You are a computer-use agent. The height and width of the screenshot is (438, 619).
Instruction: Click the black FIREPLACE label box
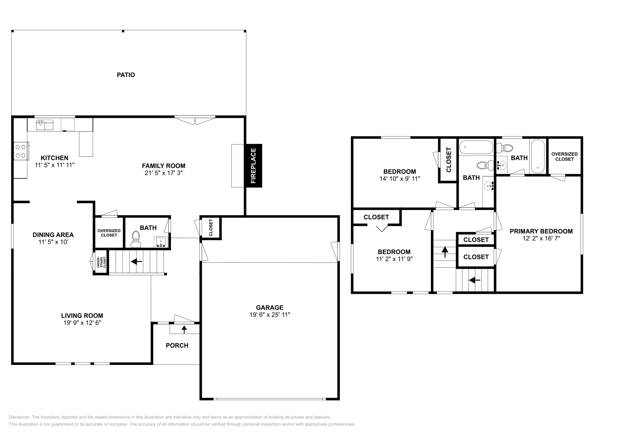click(x=253, y=166)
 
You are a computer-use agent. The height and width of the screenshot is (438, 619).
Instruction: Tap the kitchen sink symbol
click(x=44, y=125)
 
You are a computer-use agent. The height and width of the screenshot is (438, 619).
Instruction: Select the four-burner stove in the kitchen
click(x=21, y=151)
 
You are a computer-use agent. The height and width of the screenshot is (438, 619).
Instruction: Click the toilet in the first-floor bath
click(x=136, y=238)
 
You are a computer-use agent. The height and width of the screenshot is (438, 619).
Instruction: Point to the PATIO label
click(x=126, y=75)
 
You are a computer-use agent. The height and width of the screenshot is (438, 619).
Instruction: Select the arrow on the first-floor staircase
click(x=136, y=262)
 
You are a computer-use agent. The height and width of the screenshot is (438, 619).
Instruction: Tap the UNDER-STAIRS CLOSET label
click(x=101, y=263)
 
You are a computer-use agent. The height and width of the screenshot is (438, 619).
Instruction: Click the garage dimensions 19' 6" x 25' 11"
click(x=270, y=315)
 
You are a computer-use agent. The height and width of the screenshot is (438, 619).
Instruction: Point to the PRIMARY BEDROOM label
click(x=541, y=231)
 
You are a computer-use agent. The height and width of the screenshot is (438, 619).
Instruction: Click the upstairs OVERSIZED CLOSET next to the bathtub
click(x=564, y=156)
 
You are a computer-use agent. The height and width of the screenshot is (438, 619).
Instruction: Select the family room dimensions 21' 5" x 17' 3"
click(x=163, y=173)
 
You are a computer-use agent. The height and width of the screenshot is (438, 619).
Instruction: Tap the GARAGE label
click(x=270, y=308)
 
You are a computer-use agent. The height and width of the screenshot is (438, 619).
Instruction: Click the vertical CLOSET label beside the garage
click(x=211, y=228)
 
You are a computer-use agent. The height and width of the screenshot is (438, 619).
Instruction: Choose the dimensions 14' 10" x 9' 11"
click(x=400, y=179)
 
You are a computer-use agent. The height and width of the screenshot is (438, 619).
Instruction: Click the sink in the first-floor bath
click(x=161, y=242)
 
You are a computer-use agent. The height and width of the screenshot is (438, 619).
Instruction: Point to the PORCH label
click(x=177, y=345)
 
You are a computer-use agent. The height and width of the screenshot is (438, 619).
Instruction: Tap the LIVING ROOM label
click(x=82, y=315)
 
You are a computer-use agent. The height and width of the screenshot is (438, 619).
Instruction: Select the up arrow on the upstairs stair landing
click(x=445, y=252)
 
